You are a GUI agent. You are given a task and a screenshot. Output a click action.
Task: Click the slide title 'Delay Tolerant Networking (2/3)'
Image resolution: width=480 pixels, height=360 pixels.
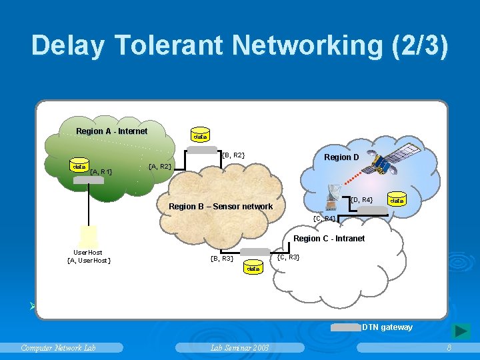[240, 45]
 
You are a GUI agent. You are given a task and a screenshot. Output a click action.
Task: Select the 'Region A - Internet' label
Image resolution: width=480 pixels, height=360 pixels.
[111, 131]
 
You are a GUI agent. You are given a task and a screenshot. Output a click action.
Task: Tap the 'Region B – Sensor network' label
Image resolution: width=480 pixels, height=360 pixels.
[221, 207]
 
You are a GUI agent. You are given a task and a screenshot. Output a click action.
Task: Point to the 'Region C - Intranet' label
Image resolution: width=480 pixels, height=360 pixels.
[329, 239]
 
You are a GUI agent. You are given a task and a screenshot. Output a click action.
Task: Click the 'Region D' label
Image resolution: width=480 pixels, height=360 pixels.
[341, 157]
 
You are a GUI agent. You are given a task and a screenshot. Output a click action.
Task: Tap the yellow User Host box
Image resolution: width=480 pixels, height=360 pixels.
[88, 235]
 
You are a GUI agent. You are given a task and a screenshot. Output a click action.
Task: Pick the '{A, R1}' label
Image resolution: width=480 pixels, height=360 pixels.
[101, 172]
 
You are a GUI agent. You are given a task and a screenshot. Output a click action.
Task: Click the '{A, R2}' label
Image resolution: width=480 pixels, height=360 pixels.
[160, 166]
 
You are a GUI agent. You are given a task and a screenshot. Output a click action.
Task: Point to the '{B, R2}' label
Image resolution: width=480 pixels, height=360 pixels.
[233, 155]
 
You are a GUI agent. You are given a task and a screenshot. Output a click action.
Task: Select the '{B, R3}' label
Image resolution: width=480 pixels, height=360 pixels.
[221, 258]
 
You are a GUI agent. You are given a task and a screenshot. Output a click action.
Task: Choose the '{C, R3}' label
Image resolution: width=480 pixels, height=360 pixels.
[288, 257]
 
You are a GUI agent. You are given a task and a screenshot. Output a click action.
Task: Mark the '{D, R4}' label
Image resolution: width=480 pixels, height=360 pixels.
[361, 199]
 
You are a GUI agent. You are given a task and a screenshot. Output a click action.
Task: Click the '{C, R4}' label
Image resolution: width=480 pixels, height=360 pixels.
[324, 219]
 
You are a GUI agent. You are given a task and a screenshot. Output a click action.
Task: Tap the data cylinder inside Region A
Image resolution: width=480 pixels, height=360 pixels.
[79, 167]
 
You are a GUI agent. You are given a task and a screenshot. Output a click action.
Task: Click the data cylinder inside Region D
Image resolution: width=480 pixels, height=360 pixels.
[397, 200]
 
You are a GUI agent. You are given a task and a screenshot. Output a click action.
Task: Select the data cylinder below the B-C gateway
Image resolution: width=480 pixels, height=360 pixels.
[253, 269]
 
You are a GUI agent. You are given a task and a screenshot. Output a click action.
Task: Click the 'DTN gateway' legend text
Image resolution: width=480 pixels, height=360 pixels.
[387, 327]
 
